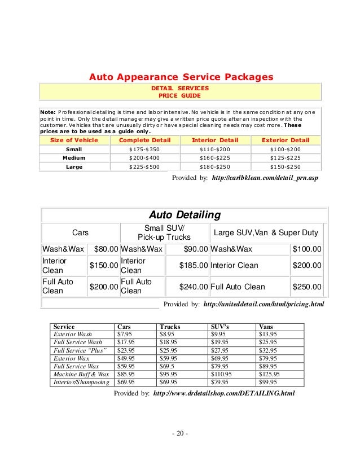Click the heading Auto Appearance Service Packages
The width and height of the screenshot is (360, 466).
tap(182, 76)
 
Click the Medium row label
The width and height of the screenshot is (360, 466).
tap(74, 158)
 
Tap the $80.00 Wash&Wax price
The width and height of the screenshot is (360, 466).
tap(106, 249)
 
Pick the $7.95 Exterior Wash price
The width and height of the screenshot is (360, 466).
tap(124, 333)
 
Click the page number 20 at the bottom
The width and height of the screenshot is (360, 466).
tap(179, 433)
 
